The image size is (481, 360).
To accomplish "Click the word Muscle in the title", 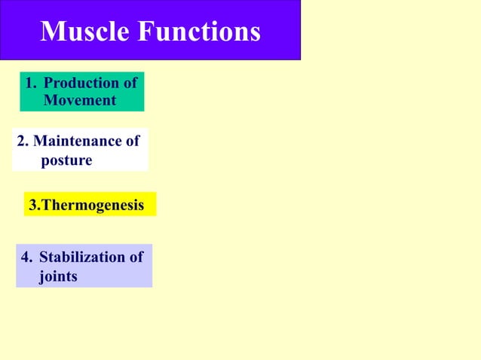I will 83,32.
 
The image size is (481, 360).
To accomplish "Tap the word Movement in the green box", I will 80,99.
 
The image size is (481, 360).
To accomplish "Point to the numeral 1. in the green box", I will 31,83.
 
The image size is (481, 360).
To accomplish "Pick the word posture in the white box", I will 66,160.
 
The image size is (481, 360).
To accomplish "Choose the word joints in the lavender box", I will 58,276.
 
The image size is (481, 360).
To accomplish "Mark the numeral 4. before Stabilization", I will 27,258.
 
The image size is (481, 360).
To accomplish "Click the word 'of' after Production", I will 130,83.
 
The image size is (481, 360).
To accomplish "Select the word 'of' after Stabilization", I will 135,258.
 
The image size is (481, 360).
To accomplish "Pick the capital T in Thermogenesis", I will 47,205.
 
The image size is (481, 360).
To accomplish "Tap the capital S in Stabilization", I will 44,258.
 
